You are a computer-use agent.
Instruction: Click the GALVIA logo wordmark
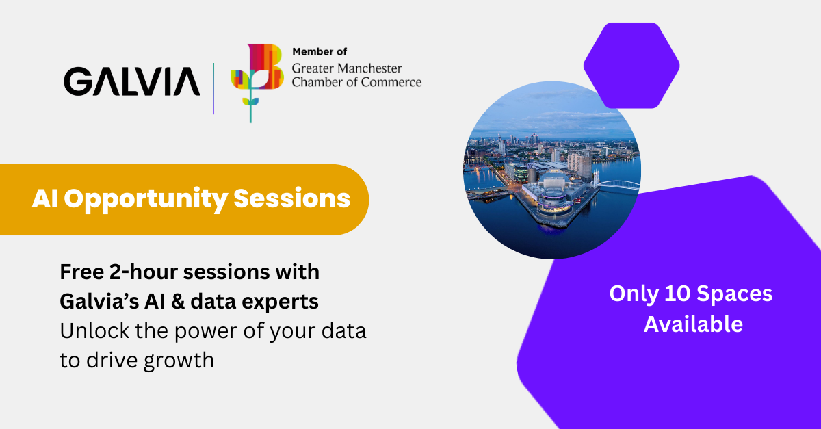point(132,81)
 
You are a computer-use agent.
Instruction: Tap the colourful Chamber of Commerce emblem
point(257,83)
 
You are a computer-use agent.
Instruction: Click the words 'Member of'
point(320,52)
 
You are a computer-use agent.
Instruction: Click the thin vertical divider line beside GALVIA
point(213,88)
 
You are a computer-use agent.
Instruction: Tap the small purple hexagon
point(631,65)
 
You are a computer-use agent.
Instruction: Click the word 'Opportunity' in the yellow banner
point(146,200)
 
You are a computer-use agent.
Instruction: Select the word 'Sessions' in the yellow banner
point(291,198)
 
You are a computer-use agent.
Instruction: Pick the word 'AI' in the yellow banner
point(45,198)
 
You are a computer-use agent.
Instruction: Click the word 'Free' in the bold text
point(81,272)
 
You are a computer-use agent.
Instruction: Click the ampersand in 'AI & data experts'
point(178,302)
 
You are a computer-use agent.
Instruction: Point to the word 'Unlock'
point(94,330)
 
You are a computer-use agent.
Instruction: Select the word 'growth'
point(179,361)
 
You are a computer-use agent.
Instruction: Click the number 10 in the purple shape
point(677,294)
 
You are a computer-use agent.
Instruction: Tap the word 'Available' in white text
point(694,324)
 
